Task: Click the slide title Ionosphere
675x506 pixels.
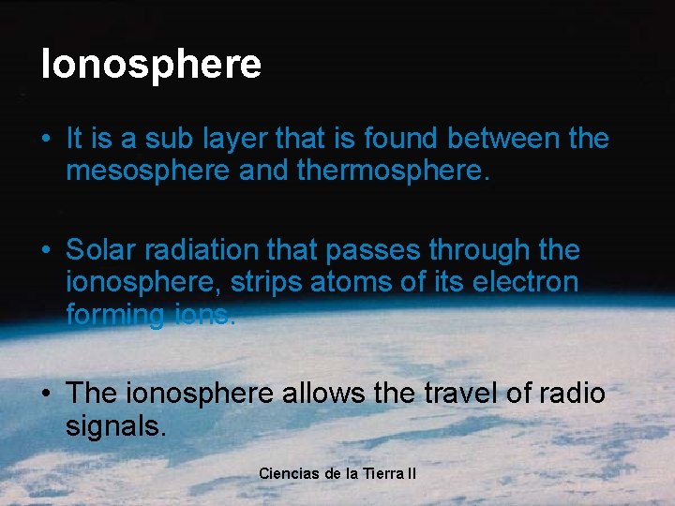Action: pos(151,65)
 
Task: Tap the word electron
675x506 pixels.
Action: pos(528,283)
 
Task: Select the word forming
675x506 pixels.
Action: pos(115,316)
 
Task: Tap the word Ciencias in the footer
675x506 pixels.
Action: pos(289,473)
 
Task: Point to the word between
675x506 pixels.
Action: pos(504,140)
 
